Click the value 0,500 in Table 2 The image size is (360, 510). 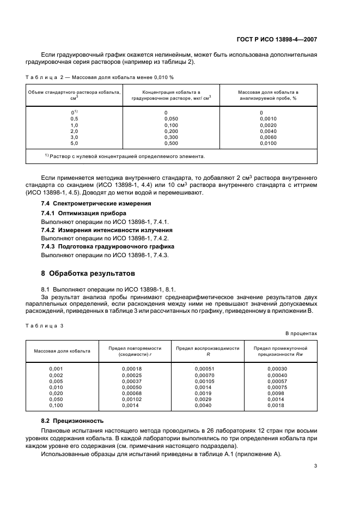[x=171, y=143]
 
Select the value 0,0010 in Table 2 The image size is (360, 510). [x=268, y=118]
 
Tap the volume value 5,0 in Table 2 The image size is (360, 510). [x=74, y=143]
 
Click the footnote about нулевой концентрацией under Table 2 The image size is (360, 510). [x=125, y=156]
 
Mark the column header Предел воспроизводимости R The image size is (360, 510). [x=207, y=350]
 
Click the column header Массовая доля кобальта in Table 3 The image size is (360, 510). [x=59, y=351]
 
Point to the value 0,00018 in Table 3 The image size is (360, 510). [x=131, y=369]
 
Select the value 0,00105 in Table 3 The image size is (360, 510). [x=204, y=381]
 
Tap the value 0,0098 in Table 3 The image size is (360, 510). [x=276, y=393]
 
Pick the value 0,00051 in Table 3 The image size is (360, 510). [x=204, y=369]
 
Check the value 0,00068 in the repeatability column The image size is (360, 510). [x=131, y=393]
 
